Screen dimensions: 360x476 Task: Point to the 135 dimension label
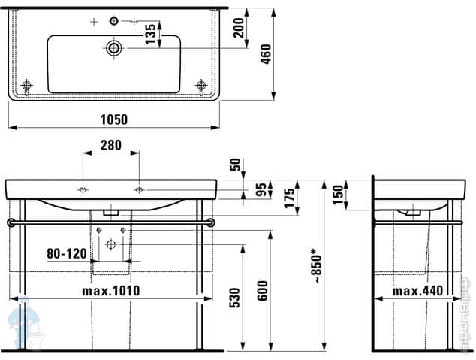point(150,32)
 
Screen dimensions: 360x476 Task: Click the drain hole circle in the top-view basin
point(113,48)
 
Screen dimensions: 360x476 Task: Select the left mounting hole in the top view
point(27,85)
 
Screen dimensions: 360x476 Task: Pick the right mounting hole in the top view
point(200,85)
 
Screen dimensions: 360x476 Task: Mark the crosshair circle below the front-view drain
point(111,244)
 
